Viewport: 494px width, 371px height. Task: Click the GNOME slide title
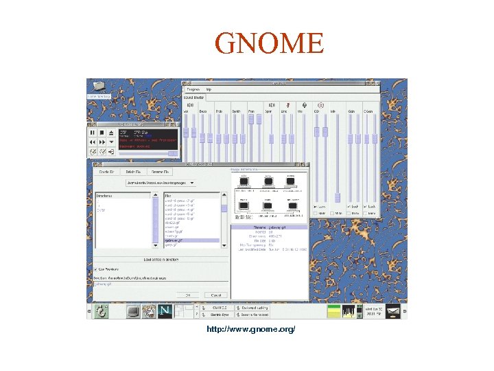[268, 43]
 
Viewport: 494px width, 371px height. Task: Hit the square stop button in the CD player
[102, 133]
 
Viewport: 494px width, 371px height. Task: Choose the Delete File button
[134, 171]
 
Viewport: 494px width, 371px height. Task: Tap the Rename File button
[161, 171]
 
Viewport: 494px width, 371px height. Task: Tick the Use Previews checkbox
[96, 269]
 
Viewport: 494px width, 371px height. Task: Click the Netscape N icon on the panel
[165, 311]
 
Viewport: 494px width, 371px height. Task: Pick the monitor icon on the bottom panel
[133, 311]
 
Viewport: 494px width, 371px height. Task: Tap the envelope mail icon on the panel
[394, 311]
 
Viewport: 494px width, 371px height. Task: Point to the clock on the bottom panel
[373, 311]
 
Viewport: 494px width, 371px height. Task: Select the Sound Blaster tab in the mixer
[193, 98]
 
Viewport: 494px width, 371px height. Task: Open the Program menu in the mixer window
[193, 89]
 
